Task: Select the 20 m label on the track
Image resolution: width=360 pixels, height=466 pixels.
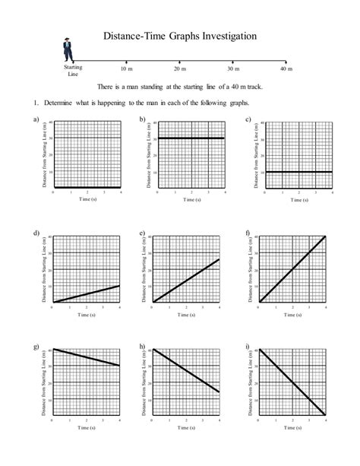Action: tap(179, 68)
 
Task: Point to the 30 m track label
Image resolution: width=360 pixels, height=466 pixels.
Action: tap(232, 68)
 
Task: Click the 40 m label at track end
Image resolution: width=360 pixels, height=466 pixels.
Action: tap(286, 68)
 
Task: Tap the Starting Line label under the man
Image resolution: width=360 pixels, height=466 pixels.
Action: tap(73, 71)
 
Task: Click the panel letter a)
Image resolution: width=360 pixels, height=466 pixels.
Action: tap(36, 120)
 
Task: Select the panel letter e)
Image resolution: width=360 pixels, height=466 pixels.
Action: tap(142, 232)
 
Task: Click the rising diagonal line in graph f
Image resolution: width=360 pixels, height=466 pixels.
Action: tap(292, 269)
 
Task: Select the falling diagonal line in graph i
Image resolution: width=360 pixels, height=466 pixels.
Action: tap(292, 382)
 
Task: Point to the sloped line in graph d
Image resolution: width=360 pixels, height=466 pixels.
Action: tap(86, 294)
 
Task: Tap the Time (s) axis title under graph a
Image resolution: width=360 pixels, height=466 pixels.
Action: tap(86, 200)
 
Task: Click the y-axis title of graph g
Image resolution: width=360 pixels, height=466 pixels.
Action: tap(46, 382)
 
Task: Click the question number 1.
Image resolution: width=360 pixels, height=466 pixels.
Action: tap(35, 103)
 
